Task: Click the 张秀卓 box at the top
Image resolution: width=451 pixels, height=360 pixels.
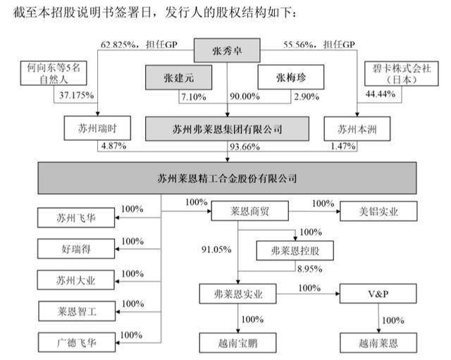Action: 227,50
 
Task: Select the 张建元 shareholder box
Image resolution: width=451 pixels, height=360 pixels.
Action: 178,77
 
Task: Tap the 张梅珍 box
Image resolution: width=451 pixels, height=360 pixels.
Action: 291,77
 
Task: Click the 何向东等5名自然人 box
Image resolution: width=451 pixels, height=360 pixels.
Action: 54,73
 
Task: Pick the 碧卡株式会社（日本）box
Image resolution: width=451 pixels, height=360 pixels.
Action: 402,73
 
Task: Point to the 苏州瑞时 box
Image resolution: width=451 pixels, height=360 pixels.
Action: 97,128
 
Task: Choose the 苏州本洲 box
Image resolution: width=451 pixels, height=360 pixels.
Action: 357,129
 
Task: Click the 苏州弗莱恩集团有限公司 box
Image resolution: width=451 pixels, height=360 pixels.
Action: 227,129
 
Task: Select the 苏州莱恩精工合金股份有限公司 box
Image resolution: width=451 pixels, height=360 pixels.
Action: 227,178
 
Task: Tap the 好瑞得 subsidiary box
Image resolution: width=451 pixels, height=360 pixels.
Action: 76,249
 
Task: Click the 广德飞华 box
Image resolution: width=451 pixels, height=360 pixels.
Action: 77,342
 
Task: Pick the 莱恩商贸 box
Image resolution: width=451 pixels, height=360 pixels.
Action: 250,211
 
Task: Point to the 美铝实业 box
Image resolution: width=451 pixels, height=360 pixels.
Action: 378,211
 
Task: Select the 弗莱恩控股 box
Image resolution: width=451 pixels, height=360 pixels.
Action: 295,251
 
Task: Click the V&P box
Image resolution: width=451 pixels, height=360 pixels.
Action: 378,294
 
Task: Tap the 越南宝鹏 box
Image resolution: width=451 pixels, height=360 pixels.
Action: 238,343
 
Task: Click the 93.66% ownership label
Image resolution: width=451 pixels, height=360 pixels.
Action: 245,147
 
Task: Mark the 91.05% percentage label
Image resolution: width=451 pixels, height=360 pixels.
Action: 216,249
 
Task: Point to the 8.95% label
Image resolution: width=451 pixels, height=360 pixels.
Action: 310,269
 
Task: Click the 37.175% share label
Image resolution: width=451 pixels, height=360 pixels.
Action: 77,95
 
